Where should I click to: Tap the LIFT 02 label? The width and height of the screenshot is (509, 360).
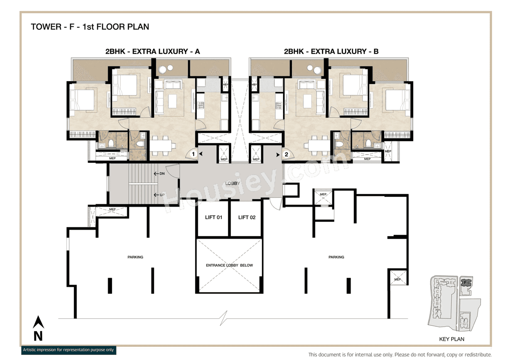point(247,217)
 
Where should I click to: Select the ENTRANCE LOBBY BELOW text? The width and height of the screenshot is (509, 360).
point(229,265)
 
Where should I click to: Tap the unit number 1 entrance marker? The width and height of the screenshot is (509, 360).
point(193,154)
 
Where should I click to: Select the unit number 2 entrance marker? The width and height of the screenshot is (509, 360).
point(286,154)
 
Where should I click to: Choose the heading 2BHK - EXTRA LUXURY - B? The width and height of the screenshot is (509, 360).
point(330,51)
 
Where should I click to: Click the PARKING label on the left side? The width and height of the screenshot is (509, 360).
point(135,257)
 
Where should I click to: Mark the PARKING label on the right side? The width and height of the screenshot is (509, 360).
point(336,257)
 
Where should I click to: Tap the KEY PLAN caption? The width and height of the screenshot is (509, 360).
point(451,339)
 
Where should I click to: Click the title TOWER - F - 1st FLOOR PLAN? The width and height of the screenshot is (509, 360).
point(90,27)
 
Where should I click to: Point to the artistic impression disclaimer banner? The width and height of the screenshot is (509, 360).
point(68,350)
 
